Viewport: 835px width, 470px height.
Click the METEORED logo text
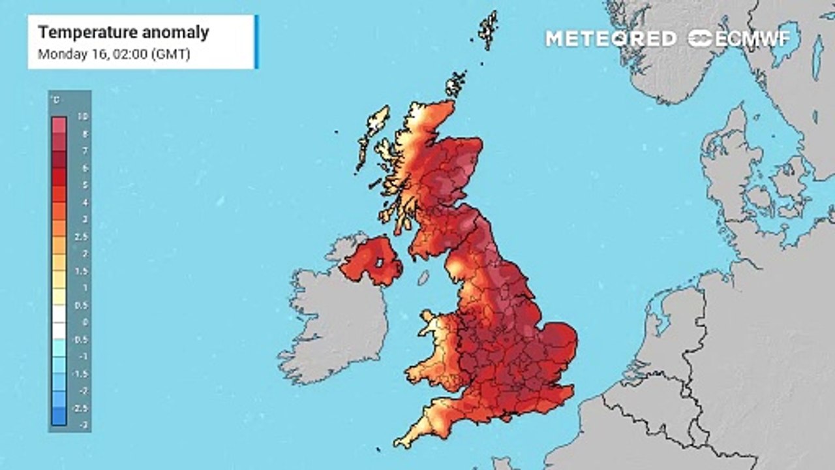click(x=611, y=39)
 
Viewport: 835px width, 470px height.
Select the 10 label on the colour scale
click(x=83, y=116)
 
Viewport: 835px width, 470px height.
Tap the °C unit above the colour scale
click(x=55, y=100)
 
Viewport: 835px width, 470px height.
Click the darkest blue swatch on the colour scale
click(x=59, y=416)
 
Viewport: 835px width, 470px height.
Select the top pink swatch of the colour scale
click(x=59, y=125)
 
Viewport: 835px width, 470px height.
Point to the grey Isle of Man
click(x=423, y=278)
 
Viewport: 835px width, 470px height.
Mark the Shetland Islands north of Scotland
click(x=488, y=29)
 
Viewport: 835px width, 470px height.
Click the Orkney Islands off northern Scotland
click(x=455, y=84)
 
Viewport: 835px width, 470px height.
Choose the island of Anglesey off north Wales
click(x=429, y=318)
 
